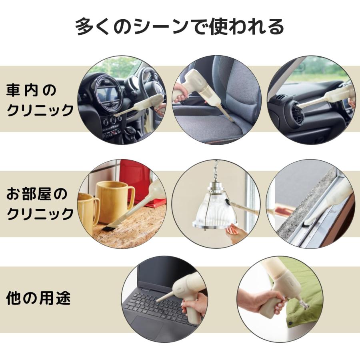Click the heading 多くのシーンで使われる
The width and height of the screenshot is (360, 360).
[180, 27]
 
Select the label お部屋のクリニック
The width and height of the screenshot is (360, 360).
[40, 204]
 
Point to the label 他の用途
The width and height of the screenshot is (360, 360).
[38, 298]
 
